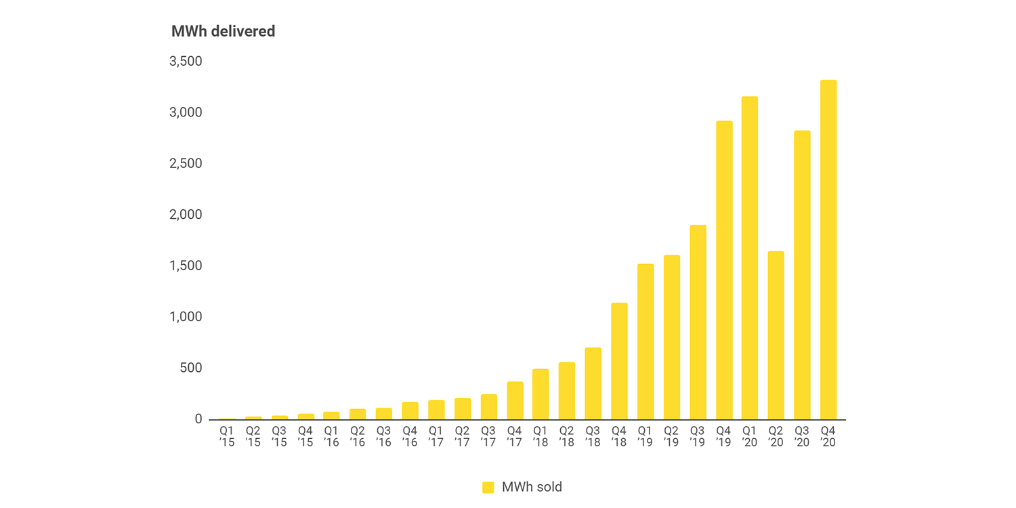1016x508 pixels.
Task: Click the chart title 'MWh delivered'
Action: point(223,31)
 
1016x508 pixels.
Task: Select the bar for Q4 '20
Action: point(828,250)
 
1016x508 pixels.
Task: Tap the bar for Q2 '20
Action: point(776,335)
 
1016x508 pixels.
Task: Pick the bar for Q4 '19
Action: point(724,270)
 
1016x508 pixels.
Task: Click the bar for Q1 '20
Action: point(750,258)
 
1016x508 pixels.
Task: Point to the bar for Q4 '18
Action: point(619,361)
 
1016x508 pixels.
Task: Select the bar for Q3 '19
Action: point(698,322)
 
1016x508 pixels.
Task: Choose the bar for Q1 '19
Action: point(645,341)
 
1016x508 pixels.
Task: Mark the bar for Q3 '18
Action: point(593,383)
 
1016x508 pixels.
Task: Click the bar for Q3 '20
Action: point(802,275)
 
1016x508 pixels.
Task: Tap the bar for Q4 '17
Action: point(515,400)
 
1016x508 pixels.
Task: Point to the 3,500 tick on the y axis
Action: point(186,62)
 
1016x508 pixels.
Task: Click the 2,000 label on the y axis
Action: point(186,215)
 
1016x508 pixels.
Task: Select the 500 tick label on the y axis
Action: point(190,368)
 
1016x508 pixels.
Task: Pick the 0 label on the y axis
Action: point(198,419)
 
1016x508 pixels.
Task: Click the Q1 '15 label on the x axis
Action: point(227,436)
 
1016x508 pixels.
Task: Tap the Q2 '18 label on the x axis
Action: point(567,436)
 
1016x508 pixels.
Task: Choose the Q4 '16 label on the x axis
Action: point(410,436)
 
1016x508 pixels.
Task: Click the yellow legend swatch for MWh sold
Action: point(488,487)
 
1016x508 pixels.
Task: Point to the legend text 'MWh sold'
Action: point(532,487)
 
